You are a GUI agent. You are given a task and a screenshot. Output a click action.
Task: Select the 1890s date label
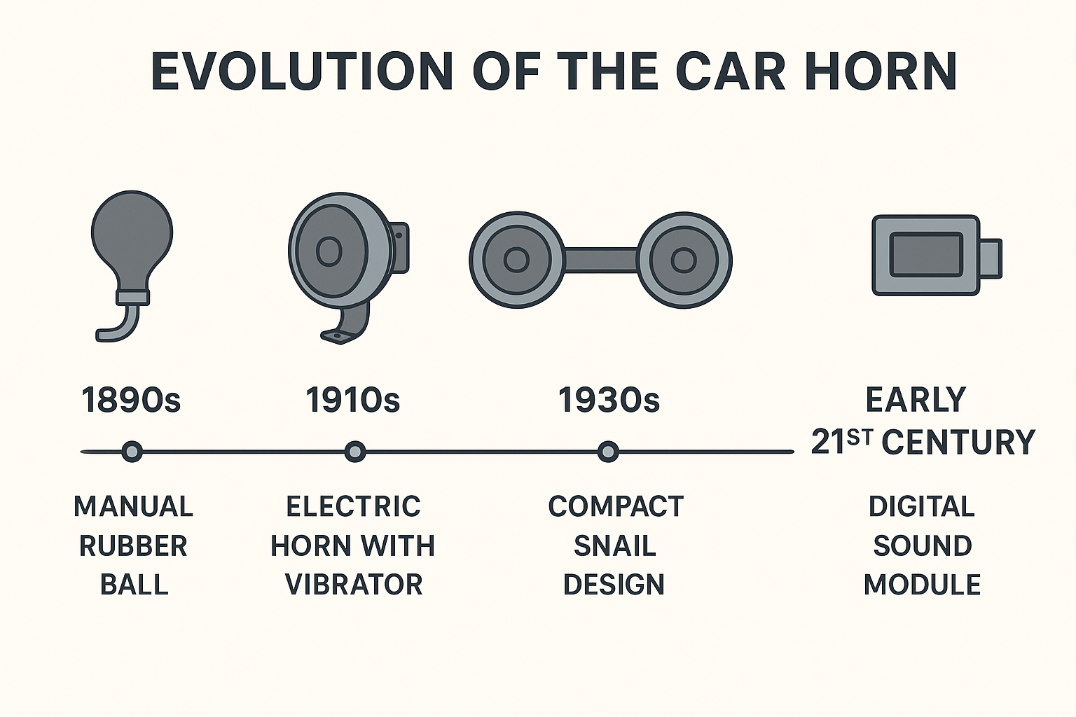click(x=131, y=400)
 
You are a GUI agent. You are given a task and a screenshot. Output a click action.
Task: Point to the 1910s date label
click(x=353, y=400)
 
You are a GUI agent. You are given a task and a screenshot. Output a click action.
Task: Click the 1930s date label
click(x=609, y=400)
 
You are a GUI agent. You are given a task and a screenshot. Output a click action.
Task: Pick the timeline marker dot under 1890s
click(x=132, y=452)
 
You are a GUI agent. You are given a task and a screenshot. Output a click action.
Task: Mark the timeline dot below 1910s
click(x=355, y=452)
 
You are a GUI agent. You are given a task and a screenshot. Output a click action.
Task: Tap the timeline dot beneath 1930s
click(x=608, y=452)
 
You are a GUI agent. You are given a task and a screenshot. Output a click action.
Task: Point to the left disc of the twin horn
click(x=517, y=260)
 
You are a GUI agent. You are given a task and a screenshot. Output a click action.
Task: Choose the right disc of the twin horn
click(x=684, y=260)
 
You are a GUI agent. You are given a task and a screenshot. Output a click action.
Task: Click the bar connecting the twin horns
click(x=601, y=260)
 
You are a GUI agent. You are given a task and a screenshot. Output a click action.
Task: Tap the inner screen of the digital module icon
click(x=926, y=255)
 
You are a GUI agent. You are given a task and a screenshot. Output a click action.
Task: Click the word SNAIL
click(x=615, y=545)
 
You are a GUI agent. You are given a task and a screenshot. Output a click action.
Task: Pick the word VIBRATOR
click(x=354, y=585)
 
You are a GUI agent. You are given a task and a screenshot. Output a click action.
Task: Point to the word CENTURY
click(x=958, y=442)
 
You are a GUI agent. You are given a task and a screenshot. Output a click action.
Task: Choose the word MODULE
click(x=923, y=585)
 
